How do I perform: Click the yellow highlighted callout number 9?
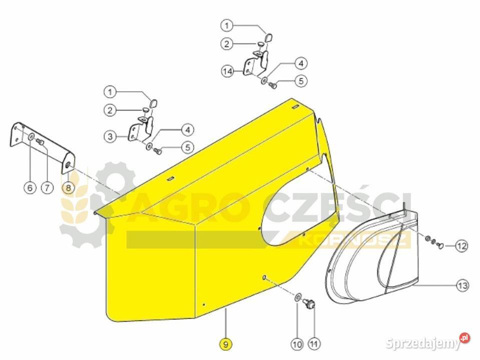[226, 344]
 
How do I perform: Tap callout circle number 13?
[462, 285]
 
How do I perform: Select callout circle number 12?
[461, 245]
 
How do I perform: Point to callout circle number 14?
[227, 71]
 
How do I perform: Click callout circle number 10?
[297, 344]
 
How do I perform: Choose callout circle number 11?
[313, 344]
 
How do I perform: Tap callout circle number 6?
[30, 187]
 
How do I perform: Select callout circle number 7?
[47, 187]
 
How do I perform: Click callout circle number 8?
[68, 187]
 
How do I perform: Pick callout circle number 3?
[110, 136]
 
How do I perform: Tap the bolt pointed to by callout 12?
[440, 245]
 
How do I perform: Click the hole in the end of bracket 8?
[68, 165]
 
